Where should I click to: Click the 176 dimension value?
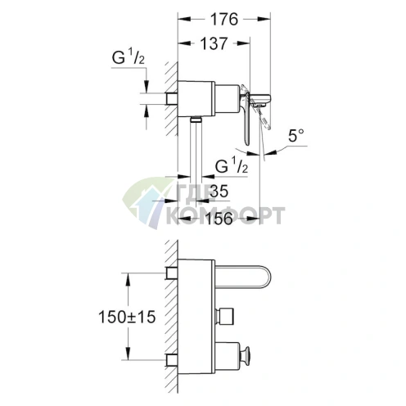[x=224, y=20]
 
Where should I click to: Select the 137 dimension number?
[x=214, y=43]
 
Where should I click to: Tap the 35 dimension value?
[x=219, y=191]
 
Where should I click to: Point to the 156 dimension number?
[x=219, y=219]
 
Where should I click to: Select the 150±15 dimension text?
[x=127, y=317]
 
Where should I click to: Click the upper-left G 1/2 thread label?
[x=129, y=58]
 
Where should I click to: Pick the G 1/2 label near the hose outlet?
[x=232, y=166]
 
